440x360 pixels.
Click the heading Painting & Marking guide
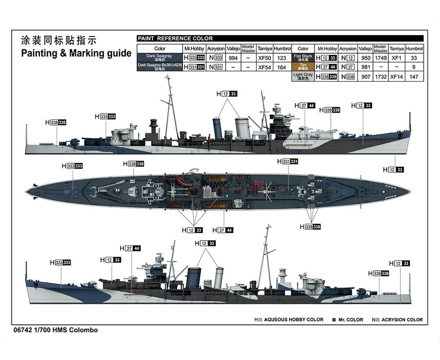76,54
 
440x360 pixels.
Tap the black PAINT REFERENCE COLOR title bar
280,38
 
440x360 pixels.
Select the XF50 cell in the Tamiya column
264,58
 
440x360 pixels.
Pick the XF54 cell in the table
264,67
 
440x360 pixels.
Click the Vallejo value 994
233,58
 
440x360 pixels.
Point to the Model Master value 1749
380,58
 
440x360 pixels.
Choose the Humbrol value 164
282,67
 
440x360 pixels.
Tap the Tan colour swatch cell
303,67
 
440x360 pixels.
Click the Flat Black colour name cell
303,58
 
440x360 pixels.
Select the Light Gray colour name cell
303,77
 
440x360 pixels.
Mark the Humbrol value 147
414,77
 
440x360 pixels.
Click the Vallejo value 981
366,67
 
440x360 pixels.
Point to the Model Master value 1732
380,77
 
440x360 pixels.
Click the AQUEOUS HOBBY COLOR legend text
293,320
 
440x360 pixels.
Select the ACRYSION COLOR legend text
402,320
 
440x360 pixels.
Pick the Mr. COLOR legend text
351,320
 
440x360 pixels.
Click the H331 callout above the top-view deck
287,162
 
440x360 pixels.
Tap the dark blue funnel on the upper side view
218,128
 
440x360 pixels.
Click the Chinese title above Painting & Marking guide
59,41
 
